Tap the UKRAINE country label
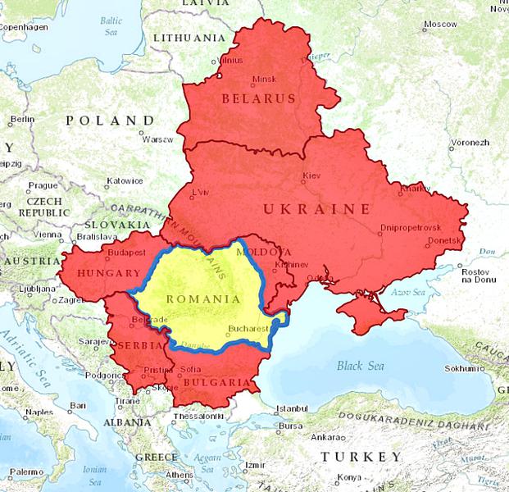(x=316, y=209)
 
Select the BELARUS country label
(x=257, y=98)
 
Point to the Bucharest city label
(x=248, y=327)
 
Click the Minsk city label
(x=265, y=79)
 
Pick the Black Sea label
(x=360, y=366)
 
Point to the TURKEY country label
(x=361, y=456)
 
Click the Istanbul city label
(x=291, y=408)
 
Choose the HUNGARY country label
(x=107, y=272)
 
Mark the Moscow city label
(x=440, y=24)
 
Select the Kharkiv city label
(x=415, y=189)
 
